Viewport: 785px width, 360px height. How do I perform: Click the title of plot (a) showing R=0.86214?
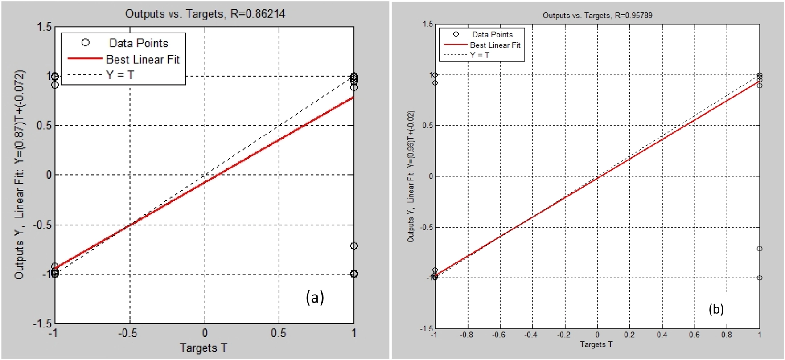click(x=205, y=14)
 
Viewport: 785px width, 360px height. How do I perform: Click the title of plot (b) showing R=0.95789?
click(x=597, y=16)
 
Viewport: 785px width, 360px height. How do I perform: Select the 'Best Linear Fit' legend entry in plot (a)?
click(x=143, y=59)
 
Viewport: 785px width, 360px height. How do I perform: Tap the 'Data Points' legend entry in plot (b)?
click(x=492, y=34)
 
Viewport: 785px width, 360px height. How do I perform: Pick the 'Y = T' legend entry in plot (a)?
click(x=120, y=75)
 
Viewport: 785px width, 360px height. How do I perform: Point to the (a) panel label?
click(x=315, y=297)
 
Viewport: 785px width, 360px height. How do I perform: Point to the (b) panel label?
click(x=716, y=309)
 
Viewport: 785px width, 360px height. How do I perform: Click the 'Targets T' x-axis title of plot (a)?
click(x=203, y=348)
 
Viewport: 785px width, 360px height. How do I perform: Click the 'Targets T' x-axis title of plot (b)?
click(x=596, y=344)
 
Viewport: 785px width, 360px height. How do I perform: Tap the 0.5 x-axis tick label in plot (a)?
click(x=279, y=333)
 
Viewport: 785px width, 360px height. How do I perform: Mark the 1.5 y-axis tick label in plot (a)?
click(x=44, y=27)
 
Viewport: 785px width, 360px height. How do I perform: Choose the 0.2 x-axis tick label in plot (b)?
click(x=629, y=335)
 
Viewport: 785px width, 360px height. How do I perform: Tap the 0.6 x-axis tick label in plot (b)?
click(x=695, y=335)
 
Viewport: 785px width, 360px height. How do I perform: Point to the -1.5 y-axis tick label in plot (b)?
click(x=426, y=328)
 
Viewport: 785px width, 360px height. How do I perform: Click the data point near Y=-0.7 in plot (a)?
click(x=354, y=245)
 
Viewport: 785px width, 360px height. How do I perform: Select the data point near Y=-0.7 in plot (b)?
click(x=760, y=249)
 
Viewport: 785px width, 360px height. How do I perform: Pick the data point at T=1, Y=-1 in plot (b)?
click(x=760, y=278)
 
